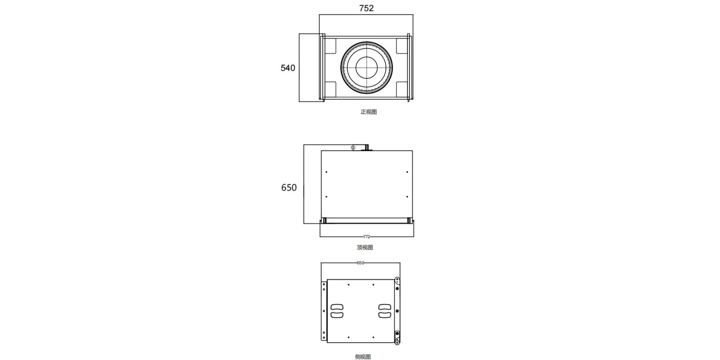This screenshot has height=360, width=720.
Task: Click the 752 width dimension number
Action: [x=366, y=8]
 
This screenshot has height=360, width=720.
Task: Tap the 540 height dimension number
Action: [x=288, y=68]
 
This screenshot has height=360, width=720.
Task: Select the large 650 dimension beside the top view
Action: [x=289, y=188]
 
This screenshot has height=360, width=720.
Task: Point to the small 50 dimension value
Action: [x=353, y=148]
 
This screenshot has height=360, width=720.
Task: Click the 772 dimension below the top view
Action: [x=366, y=237]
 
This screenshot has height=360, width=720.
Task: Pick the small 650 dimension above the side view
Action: [x=360, y=263]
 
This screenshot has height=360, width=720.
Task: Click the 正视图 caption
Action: [x=369, y=112]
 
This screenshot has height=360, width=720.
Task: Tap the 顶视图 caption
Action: [x=365, y=247]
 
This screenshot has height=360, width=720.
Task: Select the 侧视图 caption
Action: [x=363, y=357]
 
